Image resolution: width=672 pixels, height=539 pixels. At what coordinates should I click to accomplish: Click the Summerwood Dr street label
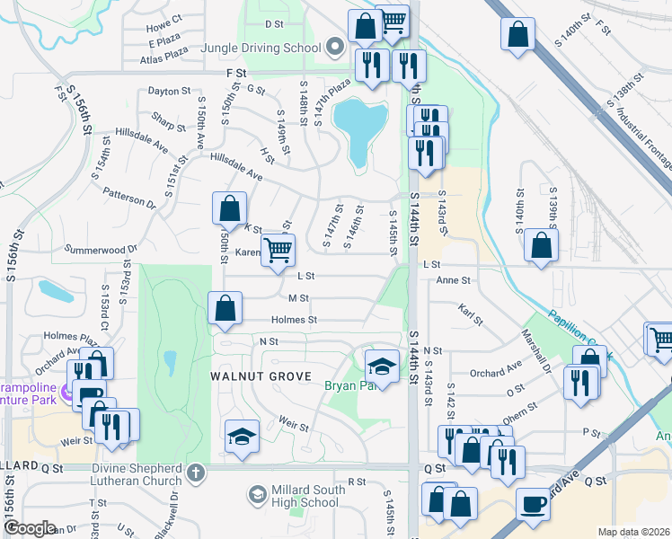101,250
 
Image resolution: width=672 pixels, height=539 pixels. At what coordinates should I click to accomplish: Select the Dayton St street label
170,91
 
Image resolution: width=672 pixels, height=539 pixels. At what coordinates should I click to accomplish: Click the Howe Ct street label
164,17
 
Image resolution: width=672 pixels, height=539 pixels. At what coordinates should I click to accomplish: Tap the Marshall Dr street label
536,351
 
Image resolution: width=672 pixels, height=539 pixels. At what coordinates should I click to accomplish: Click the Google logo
31,528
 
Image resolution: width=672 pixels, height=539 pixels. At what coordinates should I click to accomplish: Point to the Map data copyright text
633,532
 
